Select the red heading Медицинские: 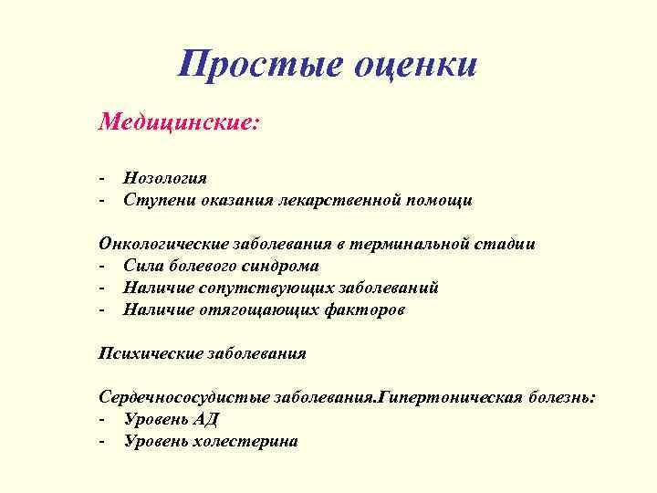[x=180, y=121]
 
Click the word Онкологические [x=162, y=244]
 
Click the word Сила [x=143, y=266]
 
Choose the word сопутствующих [x=261, y=288]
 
